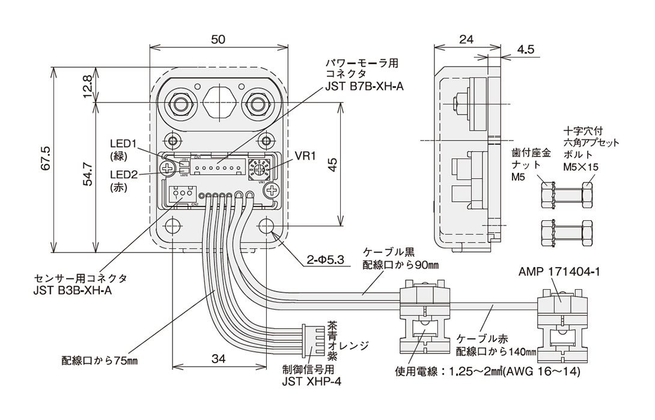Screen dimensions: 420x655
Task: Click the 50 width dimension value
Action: coord(218,40)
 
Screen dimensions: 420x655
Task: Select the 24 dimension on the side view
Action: coord(466,40)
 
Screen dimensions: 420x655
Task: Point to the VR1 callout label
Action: coord(305,157)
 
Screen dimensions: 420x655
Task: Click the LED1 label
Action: coord(124,144)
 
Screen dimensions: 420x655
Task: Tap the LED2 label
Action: coord(124,174)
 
